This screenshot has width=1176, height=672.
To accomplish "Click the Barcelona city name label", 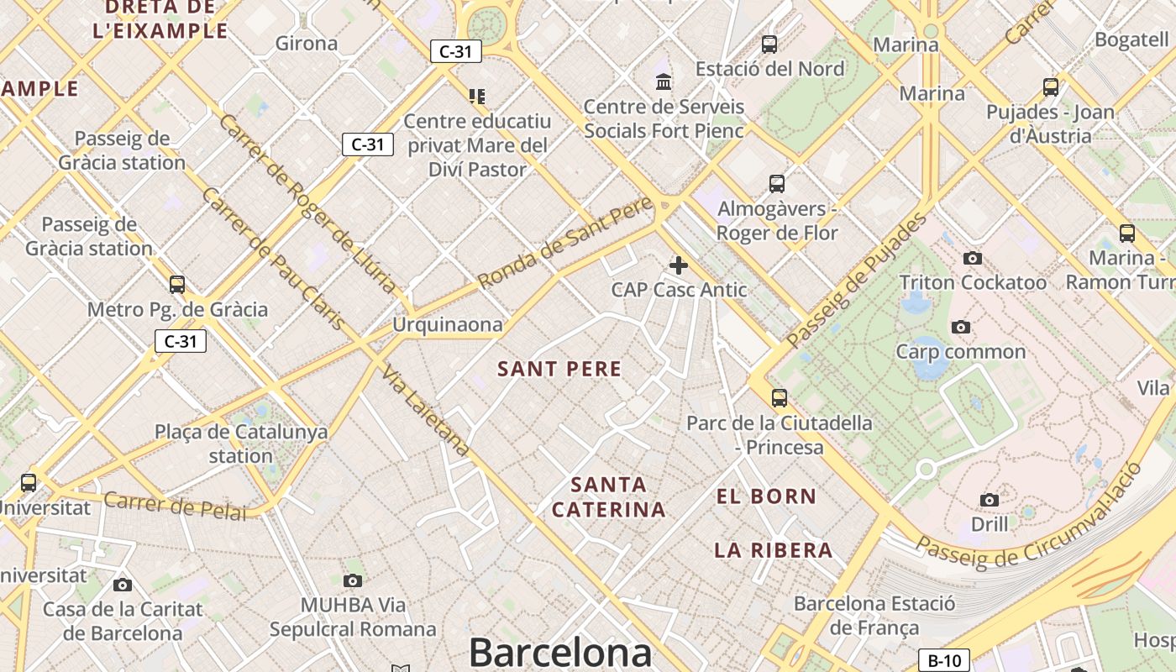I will click(560, 653).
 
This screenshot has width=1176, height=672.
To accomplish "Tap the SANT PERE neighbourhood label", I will click(559, 369).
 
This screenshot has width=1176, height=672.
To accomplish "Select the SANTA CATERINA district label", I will click(609, 496).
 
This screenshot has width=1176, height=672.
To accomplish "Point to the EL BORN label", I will click(766, 496).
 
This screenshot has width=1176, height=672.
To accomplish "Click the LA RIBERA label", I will click(774, 550).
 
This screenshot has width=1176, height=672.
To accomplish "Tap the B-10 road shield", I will click(944, 660).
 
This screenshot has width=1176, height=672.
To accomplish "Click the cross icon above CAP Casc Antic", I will click(679, 266).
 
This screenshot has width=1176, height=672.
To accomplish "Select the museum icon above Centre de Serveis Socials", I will click(664, 82).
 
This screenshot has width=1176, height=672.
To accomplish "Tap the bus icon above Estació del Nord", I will click(769, 45).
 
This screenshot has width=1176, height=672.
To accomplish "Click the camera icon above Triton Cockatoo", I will click(973, 258).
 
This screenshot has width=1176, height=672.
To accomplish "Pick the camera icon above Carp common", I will click(961, 327).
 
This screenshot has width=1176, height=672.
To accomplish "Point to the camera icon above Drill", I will click(990, 501).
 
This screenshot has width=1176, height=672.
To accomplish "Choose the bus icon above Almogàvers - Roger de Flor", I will click(777, 184).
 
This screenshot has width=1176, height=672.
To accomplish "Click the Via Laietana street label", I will click(425, 411).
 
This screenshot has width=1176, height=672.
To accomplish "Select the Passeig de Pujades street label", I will click(857, 281).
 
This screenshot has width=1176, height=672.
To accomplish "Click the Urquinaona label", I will click(448, 324).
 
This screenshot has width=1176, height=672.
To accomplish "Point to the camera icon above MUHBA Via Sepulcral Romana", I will click(353, 580).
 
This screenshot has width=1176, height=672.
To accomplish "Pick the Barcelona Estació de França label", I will click(874, 615).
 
